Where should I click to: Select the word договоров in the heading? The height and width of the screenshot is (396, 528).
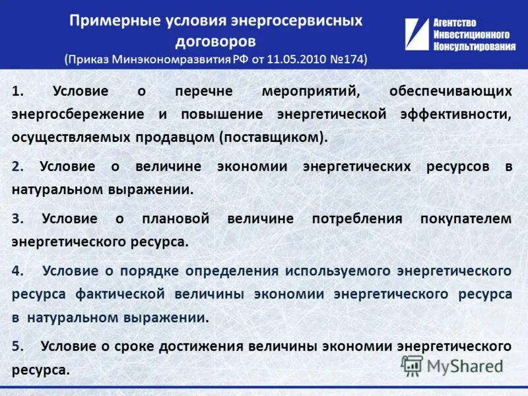pyautogui.click(x=215, y=41)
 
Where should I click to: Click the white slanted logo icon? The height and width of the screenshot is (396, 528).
pyautogui.click(x=416, y=34)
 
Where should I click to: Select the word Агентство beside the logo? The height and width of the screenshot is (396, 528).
pyautogui.click(x=455, y=23)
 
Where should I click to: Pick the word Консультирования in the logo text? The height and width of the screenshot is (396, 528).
pyautogui.click(x=475, y=46)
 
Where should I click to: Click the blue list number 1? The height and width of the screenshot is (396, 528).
pyautogui.click(x=15, y=92)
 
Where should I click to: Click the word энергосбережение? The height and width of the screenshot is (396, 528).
pyautogui.click(x=77, y=114)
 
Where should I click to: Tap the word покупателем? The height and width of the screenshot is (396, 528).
pyautogui.click(x=466, y=218)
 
